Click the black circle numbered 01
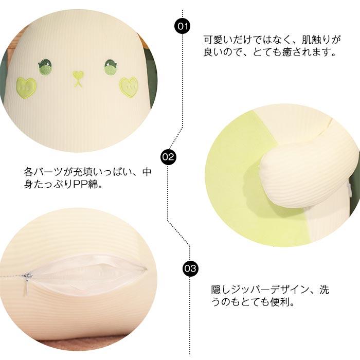[x=183, y=25]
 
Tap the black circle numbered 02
[x=168, y=156]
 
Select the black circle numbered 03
[x=190, y=268]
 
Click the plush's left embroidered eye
[x=45, y=66]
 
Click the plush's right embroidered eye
[x=111, y=67]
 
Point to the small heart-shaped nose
[x=78, y=77]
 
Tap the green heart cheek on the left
[x=26, y=87]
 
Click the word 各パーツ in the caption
[x=44, y=171]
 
